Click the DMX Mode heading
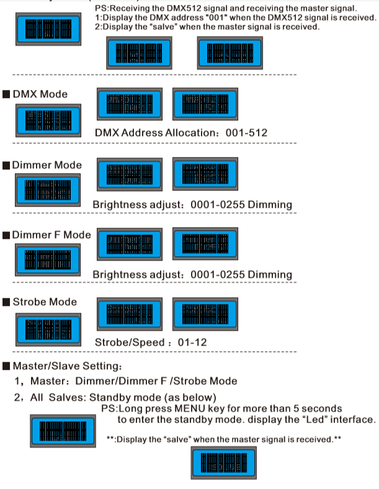[40, 94]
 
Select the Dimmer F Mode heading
[51, 235]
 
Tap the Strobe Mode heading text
[45, 302]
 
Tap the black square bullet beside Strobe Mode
[6, 302]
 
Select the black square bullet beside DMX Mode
[6, 94]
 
